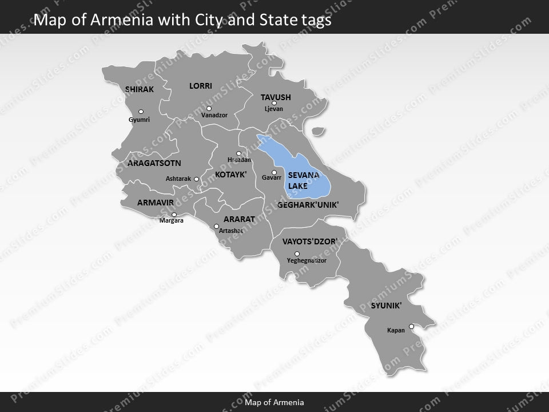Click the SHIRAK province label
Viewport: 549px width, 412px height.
point(140,89)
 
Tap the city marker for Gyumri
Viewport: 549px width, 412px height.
point(141,112)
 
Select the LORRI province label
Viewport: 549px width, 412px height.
point(201,86)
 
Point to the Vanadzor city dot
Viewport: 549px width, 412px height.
point(209,108)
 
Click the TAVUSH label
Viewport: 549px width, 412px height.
point(276,97)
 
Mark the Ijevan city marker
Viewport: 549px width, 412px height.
point(274,103)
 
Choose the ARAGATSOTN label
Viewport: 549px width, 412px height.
point(154,163)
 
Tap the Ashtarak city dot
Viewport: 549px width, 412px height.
point(196,179)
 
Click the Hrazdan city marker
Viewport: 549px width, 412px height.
point(238,153)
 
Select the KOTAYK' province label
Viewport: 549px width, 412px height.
point(231,175)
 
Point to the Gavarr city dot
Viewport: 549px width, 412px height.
point(274,172)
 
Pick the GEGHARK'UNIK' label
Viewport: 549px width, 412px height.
point(308,204)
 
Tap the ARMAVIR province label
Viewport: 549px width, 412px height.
point(155,203)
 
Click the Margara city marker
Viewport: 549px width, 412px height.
point(174,215)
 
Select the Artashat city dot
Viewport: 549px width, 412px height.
point(216,225)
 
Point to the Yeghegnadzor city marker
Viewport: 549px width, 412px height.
point(297,253)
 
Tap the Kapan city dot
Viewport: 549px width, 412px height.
point(411,326)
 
